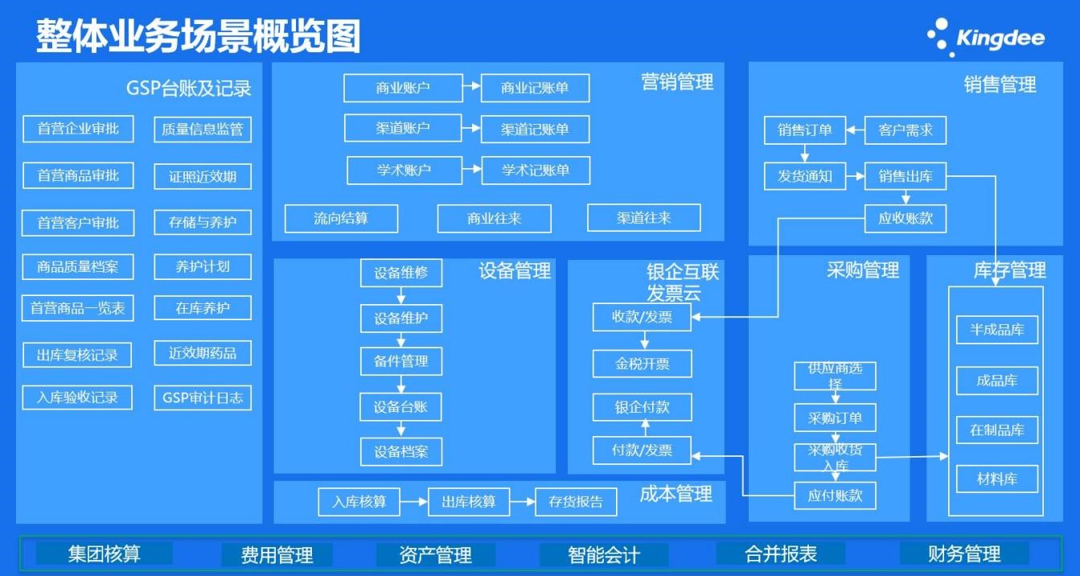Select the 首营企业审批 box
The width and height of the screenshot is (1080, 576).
pyautogui.click(x=78, y=129)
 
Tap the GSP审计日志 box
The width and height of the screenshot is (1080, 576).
pyautogui.click(x=203, y=398)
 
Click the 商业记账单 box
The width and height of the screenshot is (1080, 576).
pyautogui.click(x=535, y=88)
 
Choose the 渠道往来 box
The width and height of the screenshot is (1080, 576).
pyautogui.click(x=643, y=218)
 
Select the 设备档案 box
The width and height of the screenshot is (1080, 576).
pyautogui.click(x=400, y=452)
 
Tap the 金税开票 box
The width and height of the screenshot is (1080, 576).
pyautogui.click(x=642, y=364)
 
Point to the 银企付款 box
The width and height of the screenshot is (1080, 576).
pyautogui.click(x=642, y=407)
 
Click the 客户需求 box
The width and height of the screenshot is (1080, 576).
pyautogui.click(x=905, y=130)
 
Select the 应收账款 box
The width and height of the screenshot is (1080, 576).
pyautogui.click(x=905, y=218)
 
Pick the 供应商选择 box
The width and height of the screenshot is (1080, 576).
pyautogui.click(x=835, y=376)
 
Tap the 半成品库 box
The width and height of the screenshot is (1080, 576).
pyautogui.click(x=997, y=330)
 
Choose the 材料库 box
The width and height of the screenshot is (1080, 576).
pyautogui.click(x=997, y=479)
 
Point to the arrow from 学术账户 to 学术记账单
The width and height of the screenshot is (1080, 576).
pyautogui.click(x=472, y=171)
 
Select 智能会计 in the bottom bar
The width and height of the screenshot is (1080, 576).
pyautogui.click(x=604, y=554)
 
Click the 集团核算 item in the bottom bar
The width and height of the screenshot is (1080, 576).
pyautogui.click(x=105, y=553)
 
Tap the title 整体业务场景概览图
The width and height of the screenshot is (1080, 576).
pyautogui.click(x=198, y=36)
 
